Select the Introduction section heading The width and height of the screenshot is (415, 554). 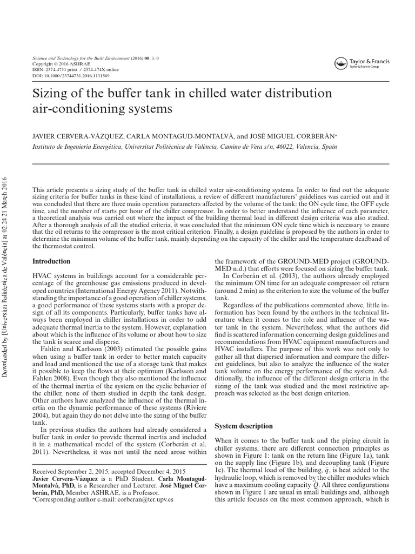tap(52, 261)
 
